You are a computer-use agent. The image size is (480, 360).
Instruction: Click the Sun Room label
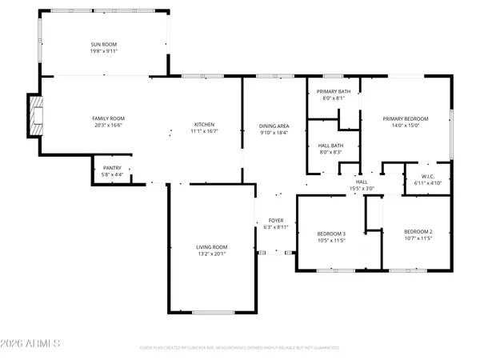point(105,44)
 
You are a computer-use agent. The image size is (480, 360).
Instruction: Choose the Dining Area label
point(274,126)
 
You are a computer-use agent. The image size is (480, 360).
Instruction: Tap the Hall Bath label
point(330,146)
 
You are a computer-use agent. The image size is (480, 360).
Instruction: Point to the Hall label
point(362,182)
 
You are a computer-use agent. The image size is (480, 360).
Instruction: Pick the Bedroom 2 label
point(418,231)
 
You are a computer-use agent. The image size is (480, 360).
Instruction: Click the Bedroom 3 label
point(330,233)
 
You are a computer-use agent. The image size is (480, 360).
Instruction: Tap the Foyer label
point(275,220)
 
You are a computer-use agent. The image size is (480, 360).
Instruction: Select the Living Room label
point(212,247)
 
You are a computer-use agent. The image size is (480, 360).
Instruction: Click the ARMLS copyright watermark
point(31,345)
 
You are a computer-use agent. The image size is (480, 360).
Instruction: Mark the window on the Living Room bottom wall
point(213,312)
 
